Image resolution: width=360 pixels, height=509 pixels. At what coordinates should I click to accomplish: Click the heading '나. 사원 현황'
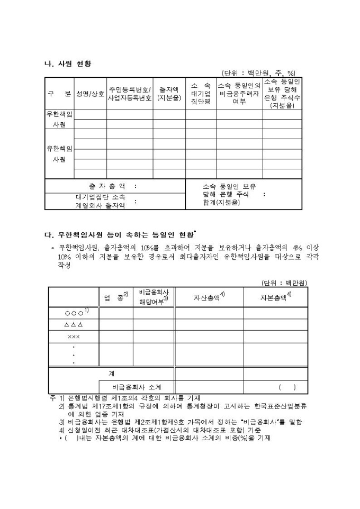pyautogui.click(x=68, y=63)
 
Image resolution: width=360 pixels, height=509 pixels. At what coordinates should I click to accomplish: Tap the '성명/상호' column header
pyautogui.click(x=91, y=94)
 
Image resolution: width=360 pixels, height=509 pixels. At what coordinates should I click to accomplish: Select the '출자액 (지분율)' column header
pyautogui.click(x=169, y=94)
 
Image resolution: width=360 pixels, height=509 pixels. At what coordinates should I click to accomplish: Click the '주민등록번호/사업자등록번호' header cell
pyautogui.click(x=130, y=94)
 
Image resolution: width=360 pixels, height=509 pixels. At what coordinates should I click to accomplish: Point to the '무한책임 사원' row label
pyautogui.click(x=59, y=119)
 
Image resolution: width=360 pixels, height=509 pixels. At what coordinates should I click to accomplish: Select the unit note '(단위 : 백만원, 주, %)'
pyautogui.click(x=258, y=73)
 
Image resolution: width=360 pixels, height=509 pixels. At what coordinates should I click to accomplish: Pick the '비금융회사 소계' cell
pyautogui.click(x=137, y=387)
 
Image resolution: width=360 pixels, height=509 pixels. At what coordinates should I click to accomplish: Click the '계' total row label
pyautogui.click(x=111, y=374)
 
